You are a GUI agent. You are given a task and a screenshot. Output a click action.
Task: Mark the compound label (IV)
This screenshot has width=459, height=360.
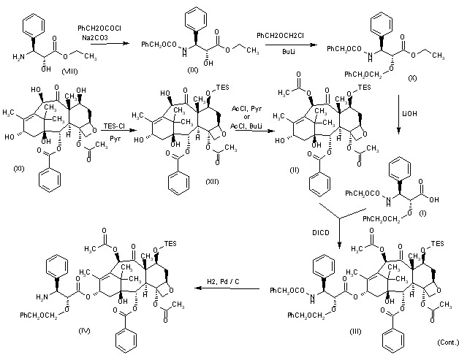85,331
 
